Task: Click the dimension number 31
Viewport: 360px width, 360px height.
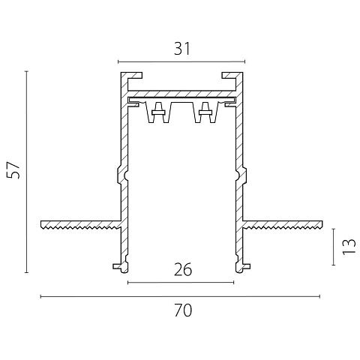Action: (x=182, y=49)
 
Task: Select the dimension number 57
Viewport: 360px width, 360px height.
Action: (x=13, y=170)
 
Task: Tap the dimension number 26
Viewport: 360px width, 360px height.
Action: (x=183, y=269)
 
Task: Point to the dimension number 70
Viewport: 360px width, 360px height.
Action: (x=183, y=310)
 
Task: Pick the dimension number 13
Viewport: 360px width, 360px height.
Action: (x=349, y=247)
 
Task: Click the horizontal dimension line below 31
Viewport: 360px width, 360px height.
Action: (x=181, y=61)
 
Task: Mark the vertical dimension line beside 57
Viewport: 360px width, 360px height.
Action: (x=26, y=172)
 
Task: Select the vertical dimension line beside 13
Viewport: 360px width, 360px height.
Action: (x=333, y=247)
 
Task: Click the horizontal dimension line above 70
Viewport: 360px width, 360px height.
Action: (x=180, y=297)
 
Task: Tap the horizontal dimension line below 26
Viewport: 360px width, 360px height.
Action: (x=181, y=283)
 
